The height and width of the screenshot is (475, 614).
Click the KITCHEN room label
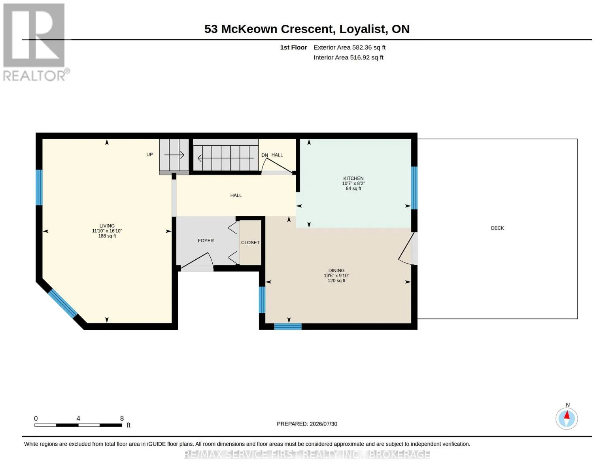click(353, 178)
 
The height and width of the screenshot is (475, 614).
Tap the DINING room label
click(336, 270)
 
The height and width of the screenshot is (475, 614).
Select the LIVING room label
click(107, 226)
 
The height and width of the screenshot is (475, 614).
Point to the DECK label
click(497, 228)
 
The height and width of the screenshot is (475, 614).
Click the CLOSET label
click(250, 243)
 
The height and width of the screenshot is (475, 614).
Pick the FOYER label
click(206, 241)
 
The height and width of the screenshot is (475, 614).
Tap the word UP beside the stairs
click(149, 154)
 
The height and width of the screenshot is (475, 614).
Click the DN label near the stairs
click(264, 155)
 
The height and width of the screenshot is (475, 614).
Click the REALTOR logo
click(35, 42)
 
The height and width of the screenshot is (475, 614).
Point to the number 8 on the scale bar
click(122, 418)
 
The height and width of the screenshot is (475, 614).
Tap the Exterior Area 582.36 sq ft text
click(350, 47)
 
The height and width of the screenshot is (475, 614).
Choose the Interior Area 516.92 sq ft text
click(348, 57)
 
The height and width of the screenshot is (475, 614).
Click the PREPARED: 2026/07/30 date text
click(307, 424)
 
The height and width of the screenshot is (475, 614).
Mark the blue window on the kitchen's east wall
click(414, 188)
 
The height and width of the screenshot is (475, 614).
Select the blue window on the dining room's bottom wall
click(288, 327)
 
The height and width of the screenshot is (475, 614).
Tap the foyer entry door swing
click(197, 261)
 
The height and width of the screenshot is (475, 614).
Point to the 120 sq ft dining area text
click(336, 281)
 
